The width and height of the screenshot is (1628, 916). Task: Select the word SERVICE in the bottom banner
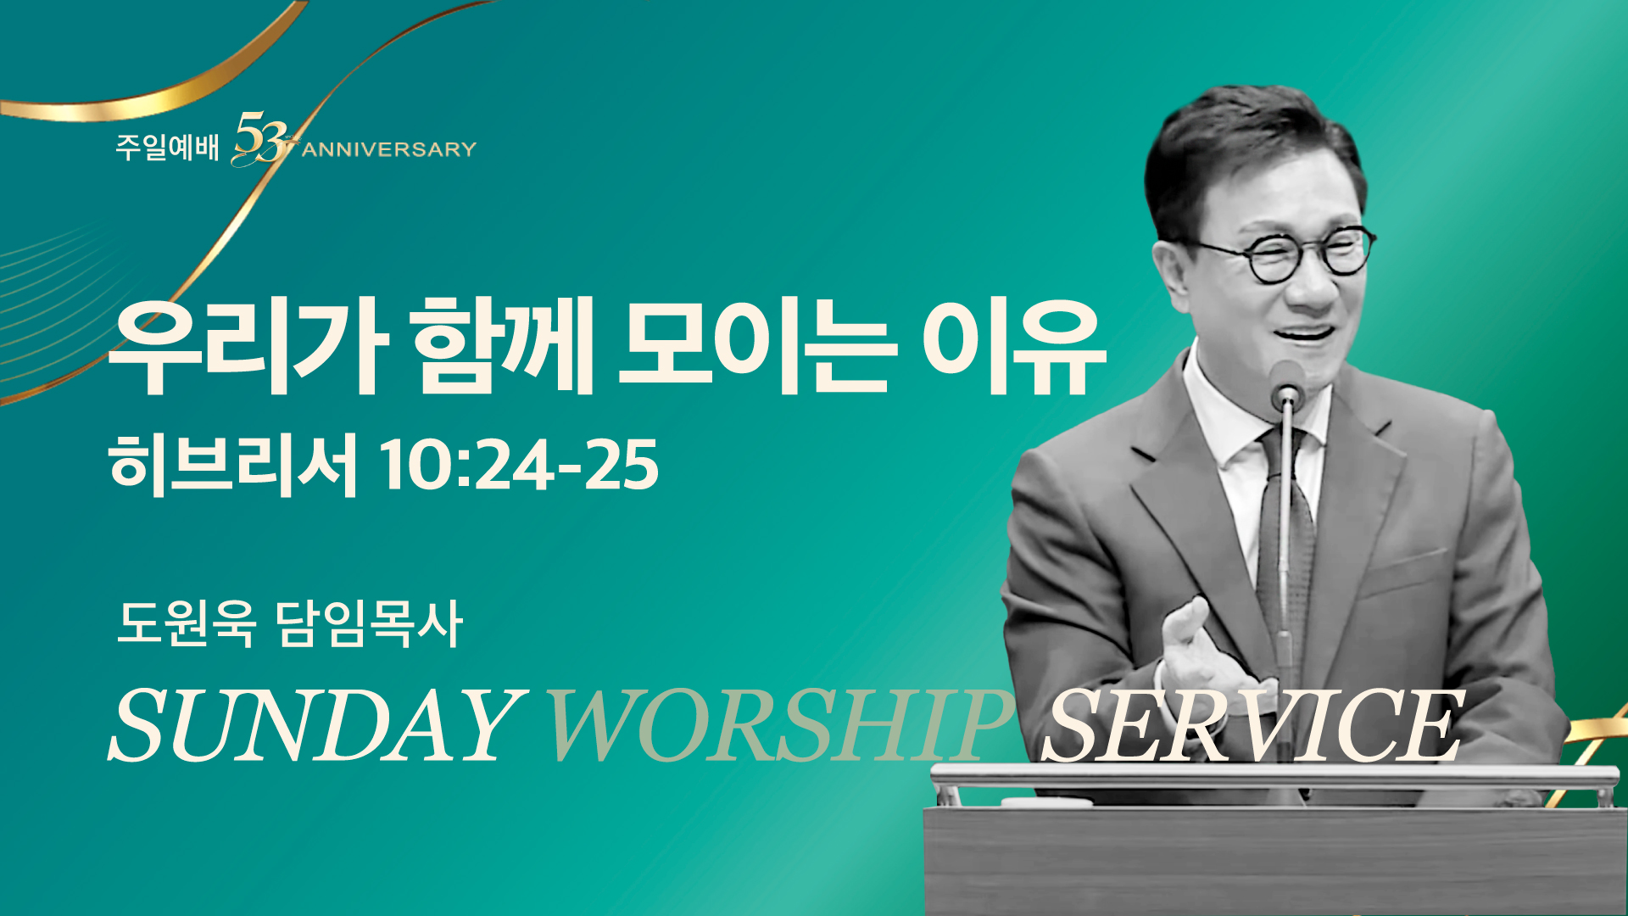[1252, 725]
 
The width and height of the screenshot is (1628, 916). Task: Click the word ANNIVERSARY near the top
[389, 150]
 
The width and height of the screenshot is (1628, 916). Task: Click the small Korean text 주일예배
[167, 148]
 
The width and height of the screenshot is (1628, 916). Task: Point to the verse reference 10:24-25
[519, 465]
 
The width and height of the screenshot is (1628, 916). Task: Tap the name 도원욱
[187, 623]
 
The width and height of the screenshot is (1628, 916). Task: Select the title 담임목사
[370, 623]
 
